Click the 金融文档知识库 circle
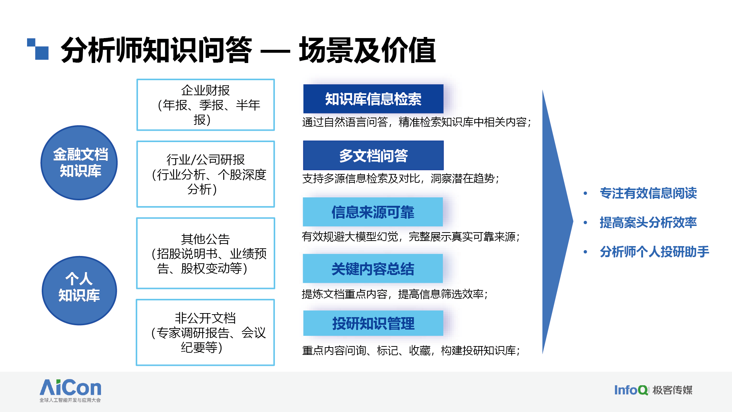point(79,163)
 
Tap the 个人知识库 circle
point(79,290)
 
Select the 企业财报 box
point(206,105)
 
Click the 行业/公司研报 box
point(206,174)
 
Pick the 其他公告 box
point(206,253)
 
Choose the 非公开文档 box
point(205,333)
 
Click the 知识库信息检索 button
point(373,99)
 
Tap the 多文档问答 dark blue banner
point(373,155)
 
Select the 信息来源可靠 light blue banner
point(373,212)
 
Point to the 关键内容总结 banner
point(373,268)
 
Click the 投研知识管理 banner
point(373,323)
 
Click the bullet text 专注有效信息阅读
point(648,193)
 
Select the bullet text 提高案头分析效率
point(648,222)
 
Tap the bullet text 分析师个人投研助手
point(654,252)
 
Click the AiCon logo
point(70,390)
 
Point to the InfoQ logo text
point(631,390)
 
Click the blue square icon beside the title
point(38,49)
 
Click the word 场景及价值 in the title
point(367,50)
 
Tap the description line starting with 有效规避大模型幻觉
point(411,237)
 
